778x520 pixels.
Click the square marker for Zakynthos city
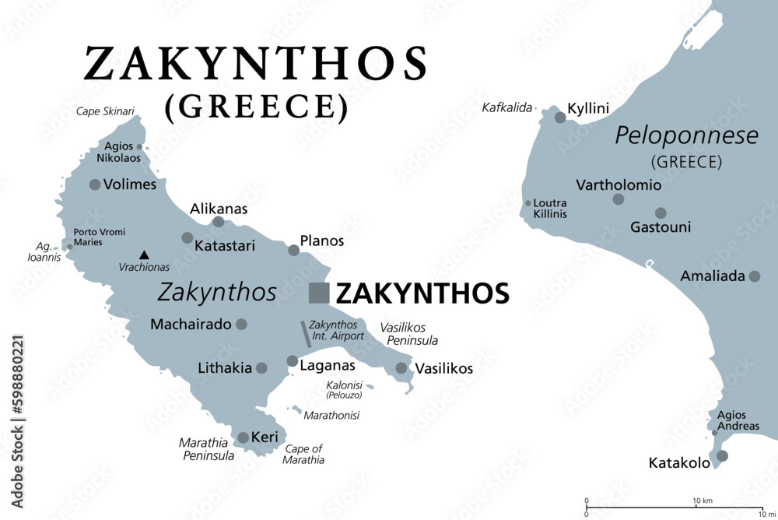(319, 293)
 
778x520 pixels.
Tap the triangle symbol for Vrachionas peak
(144, 254)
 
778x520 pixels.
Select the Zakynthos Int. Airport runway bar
(307, 334)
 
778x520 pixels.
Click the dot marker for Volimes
(95, 184)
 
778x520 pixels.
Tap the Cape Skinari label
(102, 111)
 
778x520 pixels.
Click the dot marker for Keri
(243, 437)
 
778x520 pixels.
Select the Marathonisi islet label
(331, 415)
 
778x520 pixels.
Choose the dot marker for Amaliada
(753, 276)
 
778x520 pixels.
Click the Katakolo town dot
(722, 455)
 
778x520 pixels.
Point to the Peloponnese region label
(686, 136)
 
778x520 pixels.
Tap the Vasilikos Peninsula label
(408, 334)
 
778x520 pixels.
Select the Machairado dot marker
(241, 324)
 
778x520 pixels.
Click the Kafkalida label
(507, 107)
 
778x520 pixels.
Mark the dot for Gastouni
(661, 213)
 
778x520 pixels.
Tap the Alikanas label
(219, 208)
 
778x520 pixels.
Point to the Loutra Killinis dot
(528, 204)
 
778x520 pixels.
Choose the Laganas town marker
(292, 361)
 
